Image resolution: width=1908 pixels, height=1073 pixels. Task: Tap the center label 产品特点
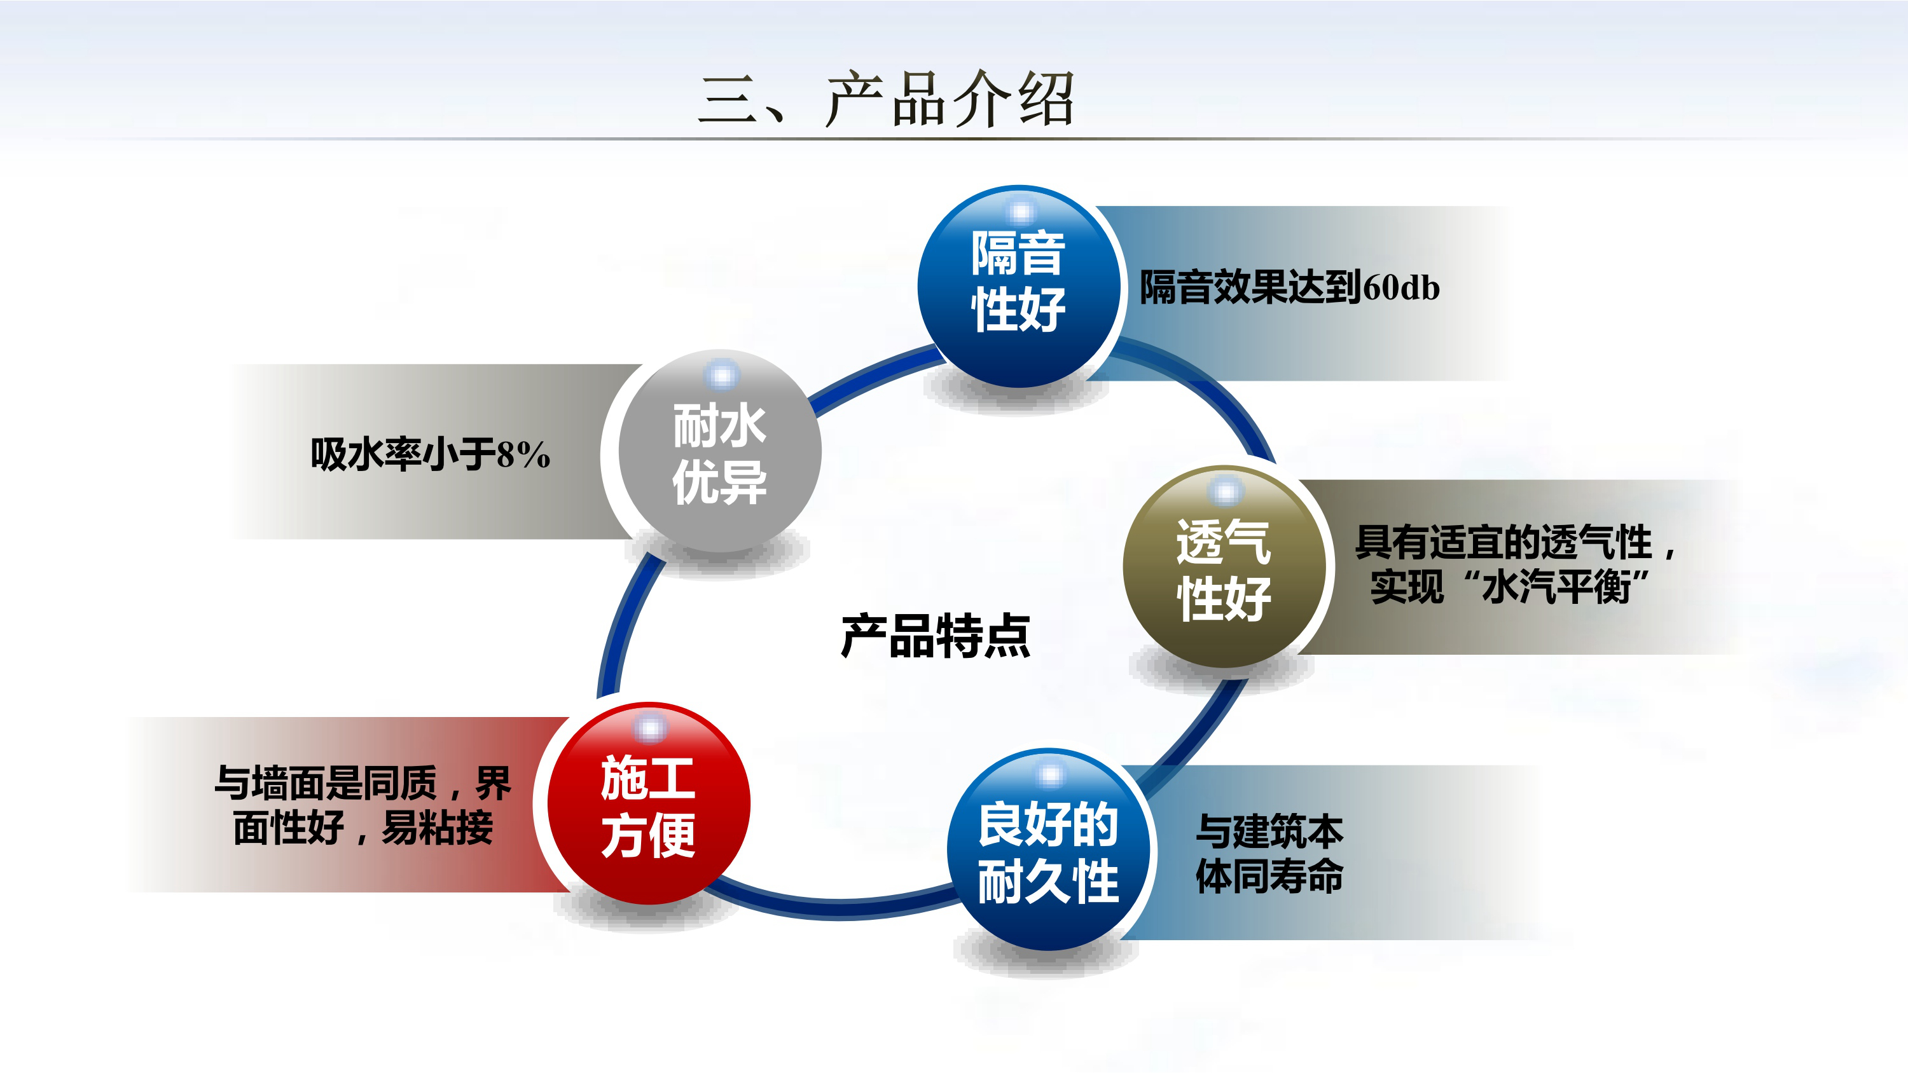point(936,636)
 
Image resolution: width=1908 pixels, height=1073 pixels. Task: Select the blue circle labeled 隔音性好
point(1018,286)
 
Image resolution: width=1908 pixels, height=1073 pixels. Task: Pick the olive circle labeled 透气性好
point(1224,566)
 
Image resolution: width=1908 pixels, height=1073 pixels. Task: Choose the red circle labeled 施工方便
point(649,803)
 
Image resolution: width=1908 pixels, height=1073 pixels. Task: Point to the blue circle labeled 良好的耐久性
point(1048,849)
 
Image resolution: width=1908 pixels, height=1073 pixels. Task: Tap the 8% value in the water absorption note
point(523,454)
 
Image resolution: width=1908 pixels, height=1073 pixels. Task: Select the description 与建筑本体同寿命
point(1269,853)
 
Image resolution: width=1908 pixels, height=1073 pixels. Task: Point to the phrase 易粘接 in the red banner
point(437,827)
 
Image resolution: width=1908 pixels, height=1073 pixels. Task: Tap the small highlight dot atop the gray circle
point(721,376)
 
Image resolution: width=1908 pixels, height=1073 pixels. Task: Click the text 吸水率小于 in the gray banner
point(403,454)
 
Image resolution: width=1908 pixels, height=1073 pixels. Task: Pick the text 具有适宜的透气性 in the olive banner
point(1504,542)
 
